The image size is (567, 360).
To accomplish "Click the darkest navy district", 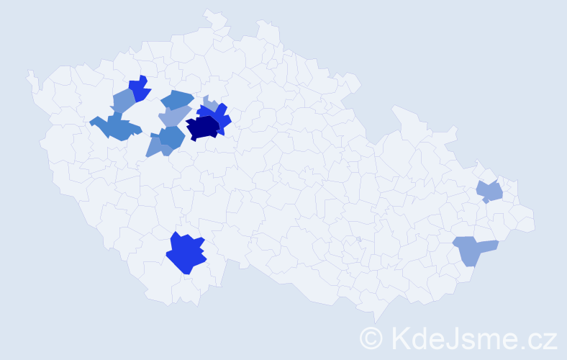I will tap(203, 127).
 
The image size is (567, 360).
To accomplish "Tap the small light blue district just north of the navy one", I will tap(209, 103).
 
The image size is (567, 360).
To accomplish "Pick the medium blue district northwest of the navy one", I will tap(177, 99).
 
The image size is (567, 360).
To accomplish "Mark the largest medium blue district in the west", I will tap(115, 127).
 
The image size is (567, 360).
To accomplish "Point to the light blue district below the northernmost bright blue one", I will tap(123, 101).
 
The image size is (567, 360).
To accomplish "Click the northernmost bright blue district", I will tap(140, 88).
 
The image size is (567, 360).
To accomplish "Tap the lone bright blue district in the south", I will tap(186, 253).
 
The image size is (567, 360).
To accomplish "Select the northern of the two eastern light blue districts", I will tap(490, 192).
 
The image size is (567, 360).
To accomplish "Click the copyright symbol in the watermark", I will tap(372, 338).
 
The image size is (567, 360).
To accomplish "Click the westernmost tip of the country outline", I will tap(28, 72).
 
